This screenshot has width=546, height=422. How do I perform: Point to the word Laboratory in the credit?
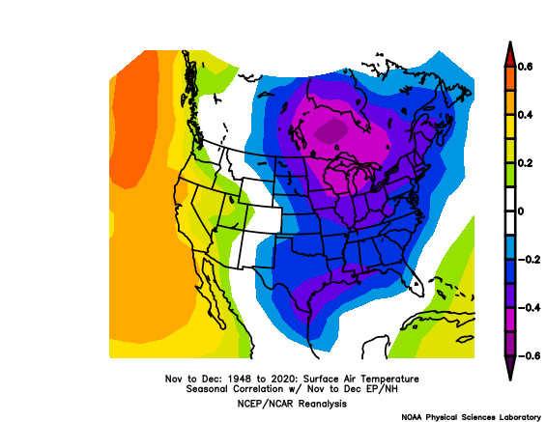coord(512,416)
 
